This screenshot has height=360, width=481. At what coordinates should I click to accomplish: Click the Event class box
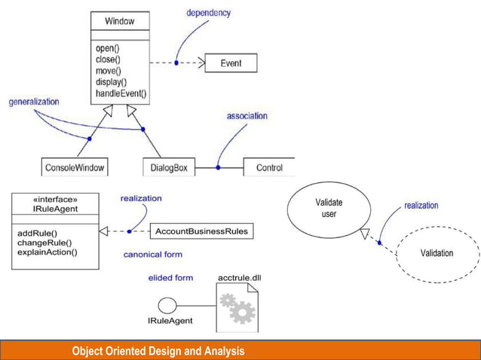(x=231, y=63)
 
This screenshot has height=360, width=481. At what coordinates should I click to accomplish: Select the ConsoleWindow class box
(x=75, y=167)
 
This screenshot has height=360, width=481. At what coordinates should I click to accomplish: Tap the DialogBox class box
(x=168, y=167)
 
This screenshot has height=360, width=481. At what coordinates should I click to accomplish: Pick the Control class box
(x=269, y=167)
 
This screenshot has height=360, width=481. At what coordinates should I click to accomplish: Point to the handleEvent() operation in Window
(x=121, y=94)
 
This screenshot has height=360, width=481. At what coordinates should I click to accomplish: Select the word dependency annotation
(x=208, y=13)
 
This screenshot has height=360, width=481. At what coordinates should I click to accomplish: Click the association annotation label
(x=247, y=116)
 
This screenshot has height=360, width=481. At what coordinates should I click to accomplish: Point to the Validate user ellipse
(x=329, y=209)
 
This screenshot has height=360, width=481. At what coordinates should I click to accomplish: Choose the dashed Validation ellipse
(x=437, y=253)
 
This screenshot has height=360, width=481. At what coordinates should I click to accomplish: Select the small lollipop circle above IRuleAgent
(x=167, y=305)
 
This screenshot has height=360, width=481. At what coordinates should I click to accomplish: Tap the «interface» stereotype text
(x=55, y=200)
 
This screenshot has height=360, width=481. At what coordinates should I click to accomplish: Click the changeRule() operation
(x=44, y=243)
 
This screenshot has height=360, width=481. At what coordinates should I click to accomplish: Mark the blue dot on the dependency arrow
(x=176, y=63)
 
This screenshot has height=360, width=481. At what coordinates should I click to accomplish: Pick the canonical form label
(x=153, y=255)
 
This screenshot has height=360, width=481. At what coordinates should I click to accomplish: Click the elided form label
(x=170, y=278)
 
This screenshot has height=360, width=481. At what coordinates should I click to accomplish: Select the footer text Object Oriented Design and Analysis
(x=158, y=351)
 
